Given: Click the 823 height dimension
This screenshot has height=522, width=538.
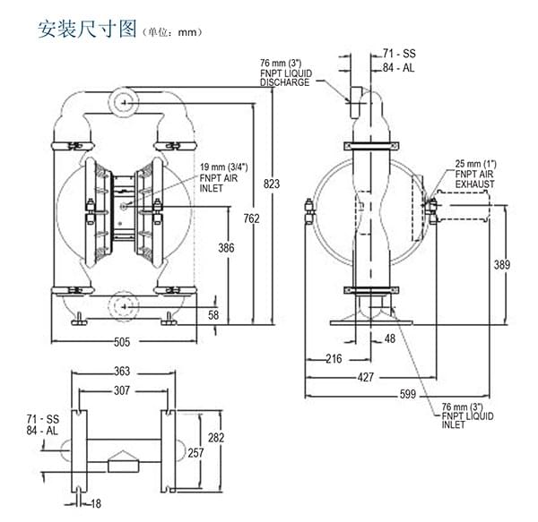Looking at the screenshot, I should pyautogui.click(x=272, y=184).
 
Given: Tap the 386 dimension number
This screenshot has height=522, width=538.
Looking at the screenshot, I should pyautogui.click(x=226, y=248).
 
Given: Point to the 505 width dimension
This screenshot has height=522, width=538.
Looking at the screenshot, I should pyautogui.click(x=121, y=341).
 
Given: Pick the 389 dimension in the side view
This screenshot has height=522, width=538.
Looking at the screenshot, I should pyautogui.click(x=503, y=265).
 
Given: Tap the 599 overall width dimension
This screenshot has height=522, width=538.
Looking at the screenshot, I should pyautogui.click(x=407, y=394).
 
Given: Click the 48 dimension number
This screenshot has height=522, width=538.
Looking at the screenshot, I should pyautogui.click(x=389, y=338).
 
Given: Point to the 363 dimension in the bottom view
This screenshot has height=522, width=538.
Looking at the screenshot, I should pyautogui.click(x=122, y=372).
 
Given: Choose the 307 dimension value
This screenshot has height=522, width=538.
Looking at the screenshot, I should pyautogui.click(x=122, y=390).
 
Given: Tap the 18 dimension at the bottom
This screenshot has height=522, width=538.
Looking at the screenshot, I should pyautogui.click(x=95, y=504).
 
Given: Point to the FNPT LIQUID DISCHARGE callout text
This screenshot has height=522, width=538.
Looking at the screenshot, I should pyautogui.click(x=285, y=73).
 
